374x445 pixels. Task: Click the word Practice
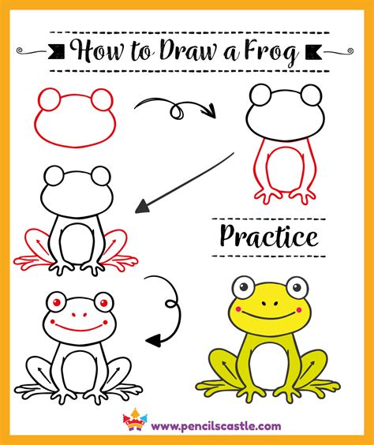pos(269,237)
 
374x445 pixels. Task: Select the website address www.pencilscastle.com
pos(216,426)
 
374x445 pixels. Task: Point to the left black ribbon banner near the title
pos(57,51)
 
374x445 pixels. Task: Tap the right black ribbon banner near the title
pos(313,51)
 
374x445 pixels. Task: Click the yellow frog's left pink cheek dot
pos(238,309)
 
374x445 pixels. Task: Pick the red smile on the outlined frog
pos(80,327)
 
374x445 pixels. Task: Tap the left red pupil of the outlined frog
pos(57,302)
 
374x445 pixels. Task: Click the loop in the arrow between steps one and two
pos(178,111)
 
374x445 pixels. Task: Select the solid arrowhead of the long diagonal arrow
pos(143,207)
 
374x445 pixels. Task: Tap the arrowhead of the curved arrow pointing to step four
pos(154,340)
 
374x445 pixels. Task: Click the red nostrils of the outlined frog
pos(79,315)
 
